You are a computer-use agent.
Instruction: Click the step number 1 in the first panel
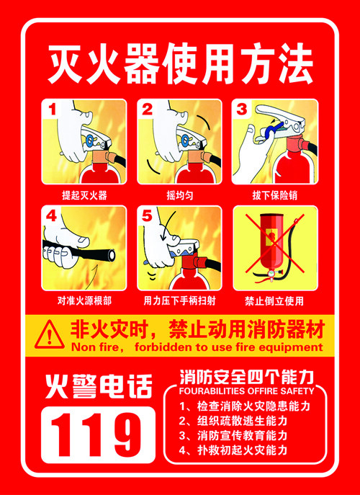[x=53, y=110]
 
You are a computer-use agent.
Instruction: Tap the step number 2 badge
[x=148, y=110]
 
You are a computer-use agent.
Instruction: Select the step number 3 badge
[x=242, y=110]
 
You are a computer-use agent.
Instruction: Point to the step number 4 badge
[x=52, y=216]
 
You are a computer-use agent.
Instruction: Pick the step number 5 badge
[x=148, y=216]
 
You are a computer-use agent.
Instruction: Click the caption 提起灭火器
[x=84, y=195]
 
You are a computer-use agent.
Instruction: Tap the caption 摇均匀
[x=180, y=195]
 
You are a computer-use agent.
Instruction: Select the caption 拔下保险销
[x=274, y=195]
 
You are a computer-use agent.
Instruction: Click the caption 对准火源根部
[x=84, y=301]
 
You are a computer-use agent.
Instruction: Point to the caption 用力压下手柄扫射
[x=179, y=301]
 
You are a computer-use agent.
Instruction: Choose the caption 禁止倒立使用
[x=274, y=301]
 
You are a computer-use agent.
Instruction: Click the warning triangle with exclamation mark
[x=49, y=335]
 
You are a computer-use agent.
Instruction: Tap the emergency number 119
[x=98, y=434]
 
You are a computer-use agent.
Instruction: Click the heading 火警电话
[x=99, y=385]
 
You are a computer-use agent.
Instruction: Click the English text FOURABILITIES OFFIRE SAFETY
[x=247, y=391]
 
